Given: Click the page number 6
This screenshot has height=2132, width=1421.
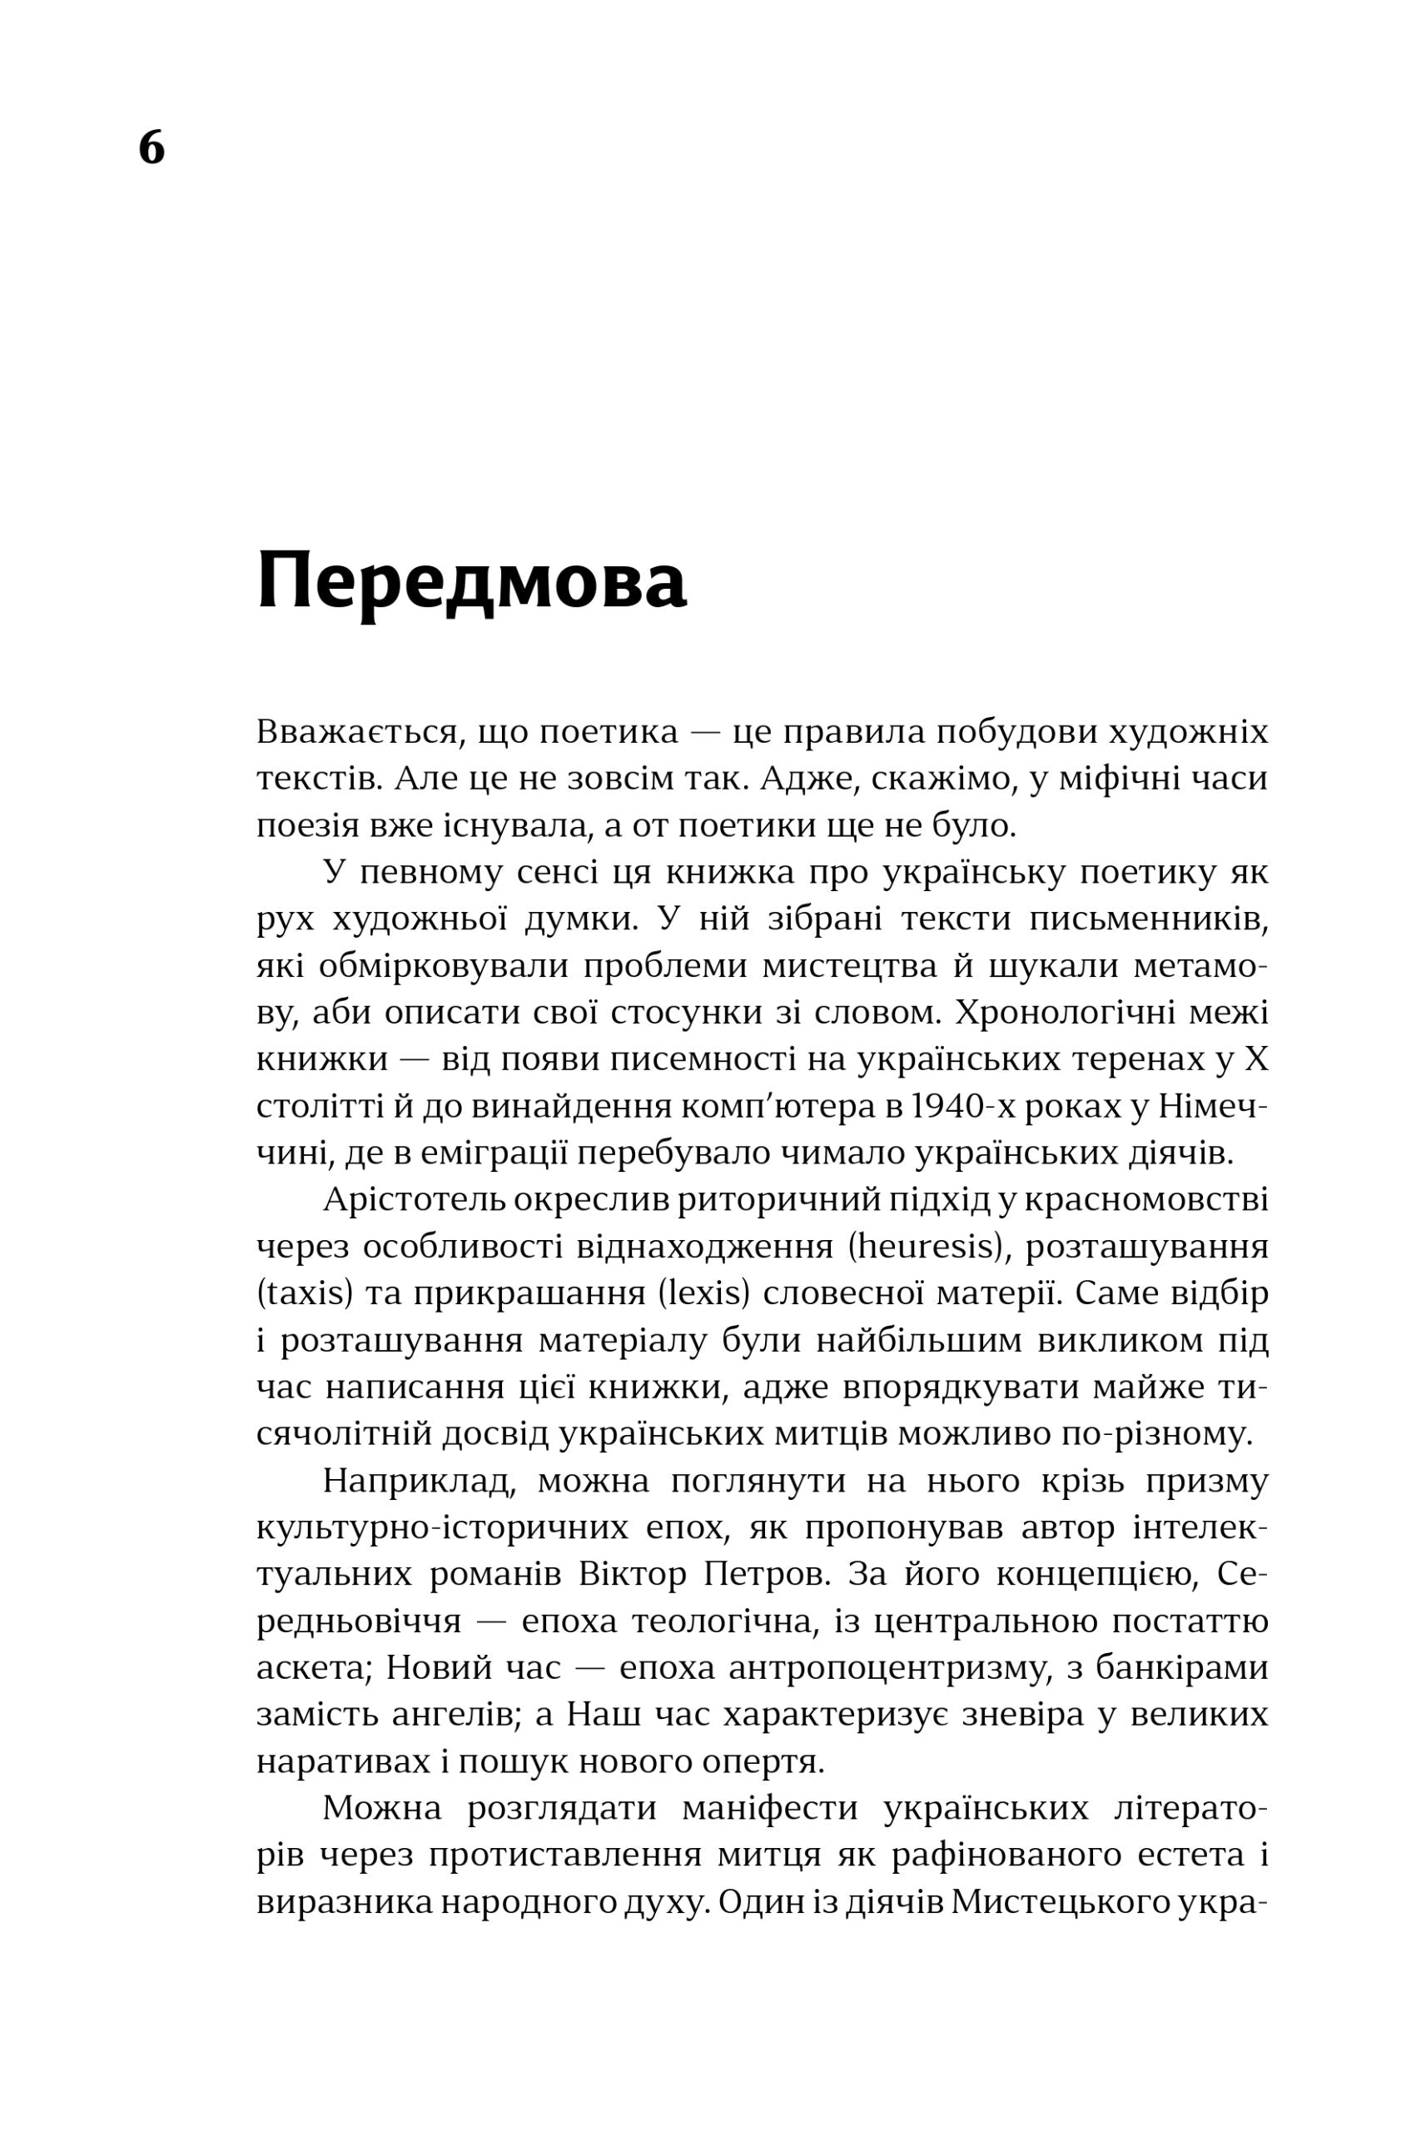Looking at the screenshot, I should pos(152,147).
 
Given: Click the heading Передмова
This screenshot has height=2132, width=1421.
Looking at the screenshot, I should pos(471,583).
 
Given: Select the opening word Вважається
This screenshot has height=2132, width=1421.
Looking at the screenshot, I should pos(355,732).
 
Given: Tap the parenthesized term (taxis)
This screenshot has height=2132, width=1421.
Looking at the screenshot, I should pos(305,1293).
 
